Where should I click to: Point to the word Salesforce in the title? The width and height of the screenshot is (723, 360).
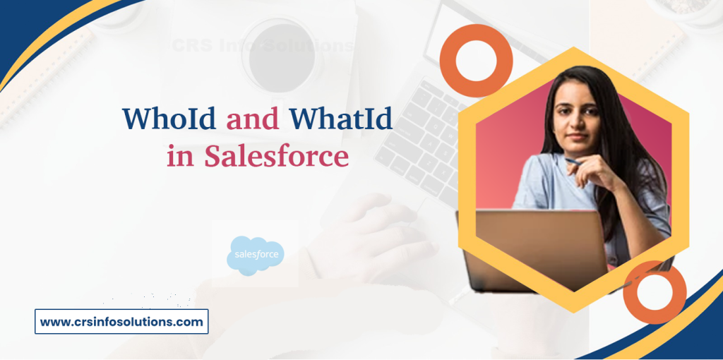(276, 156)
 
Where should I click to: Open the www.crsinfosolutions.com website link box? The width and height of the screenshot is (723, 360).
(121, 322)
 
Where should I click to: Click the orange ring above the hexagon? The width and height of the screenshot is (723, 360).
(475, 61)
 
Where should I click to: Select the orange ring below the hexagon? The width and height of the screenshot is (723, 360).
(655, 292)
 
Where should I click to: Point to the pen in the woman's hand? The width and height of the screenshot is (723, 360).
(573, 162)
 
